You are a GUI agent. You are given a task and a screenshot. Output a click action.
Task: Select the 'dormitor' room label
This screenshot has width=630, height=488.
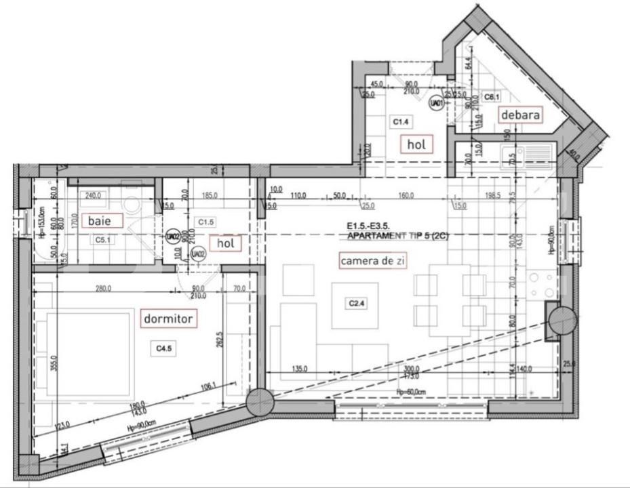click(x=169, y=318)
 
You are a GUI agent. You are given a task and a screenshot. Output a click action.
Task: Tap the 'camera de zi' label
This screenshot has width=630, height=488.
click(x=373, y=260)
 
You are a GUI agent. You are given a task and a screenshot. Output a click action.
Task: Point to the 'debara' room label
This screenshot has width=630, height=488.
click(x=521, y=115)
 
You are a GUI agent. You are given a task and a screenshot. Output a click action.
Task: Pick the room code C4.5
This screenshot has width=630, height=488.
click(x=163, y=348)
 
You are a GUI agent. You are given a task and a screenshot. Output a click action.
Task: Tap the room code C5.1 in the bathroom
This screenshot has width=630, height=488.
click(x=103, y=240)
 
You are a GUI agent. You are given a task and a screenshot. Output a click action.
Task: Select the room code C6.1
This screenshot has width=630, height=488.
click(x=492, y=97)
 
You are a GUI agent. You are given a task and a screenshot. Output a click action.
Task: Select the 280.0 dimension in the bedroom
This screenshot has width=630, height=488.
click(x=103, y=290)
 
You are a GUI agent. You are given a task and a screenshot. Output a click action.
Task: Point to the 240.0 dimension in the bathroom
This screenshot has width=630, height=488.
click(x=92, y=195)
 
